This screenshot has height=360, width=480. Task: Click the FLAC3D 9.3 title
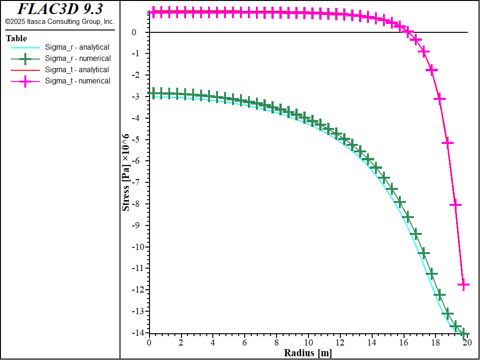pyautogui.click(x=60, y=9)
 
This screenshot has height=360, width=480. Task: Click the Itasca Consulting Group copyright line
pyautogui.click(x=60, y=22)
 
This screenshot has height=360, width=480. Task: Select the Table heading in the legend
pyautogui.click(x=16, y=38)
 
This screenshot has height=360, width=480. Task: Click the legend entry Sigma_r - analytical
pyautogui.click(x=77, y=47)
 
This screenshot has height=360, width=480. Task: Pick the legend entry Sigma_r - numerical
pyautogui.click(x=78, y=59)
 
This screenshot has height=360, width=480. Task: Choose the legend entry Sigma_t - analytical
pyautogui.click(x=77, y=70)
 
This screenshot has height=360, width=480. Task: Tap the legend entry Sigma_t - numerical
pyautogui.click(x=78, y=81)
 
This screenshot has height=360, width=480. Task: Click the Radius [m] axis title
pyautogui.click(x=308, y=353)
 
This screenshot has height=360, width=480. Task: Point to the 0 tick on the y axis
pyautogui.click(x=134, y=32)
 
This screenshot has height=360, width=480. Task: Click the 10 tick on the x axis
pyautogui.click(x=308, y=343)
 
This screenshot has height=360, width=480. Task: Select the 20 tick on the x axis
pyautogui.click(x=467, y=343)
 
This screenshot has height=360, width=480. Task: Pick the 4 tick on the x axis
pyautogui.click(x=213, y=343)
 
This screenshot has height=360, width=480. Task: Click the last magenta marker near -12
pyautogui.click(x=463, y=285)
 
